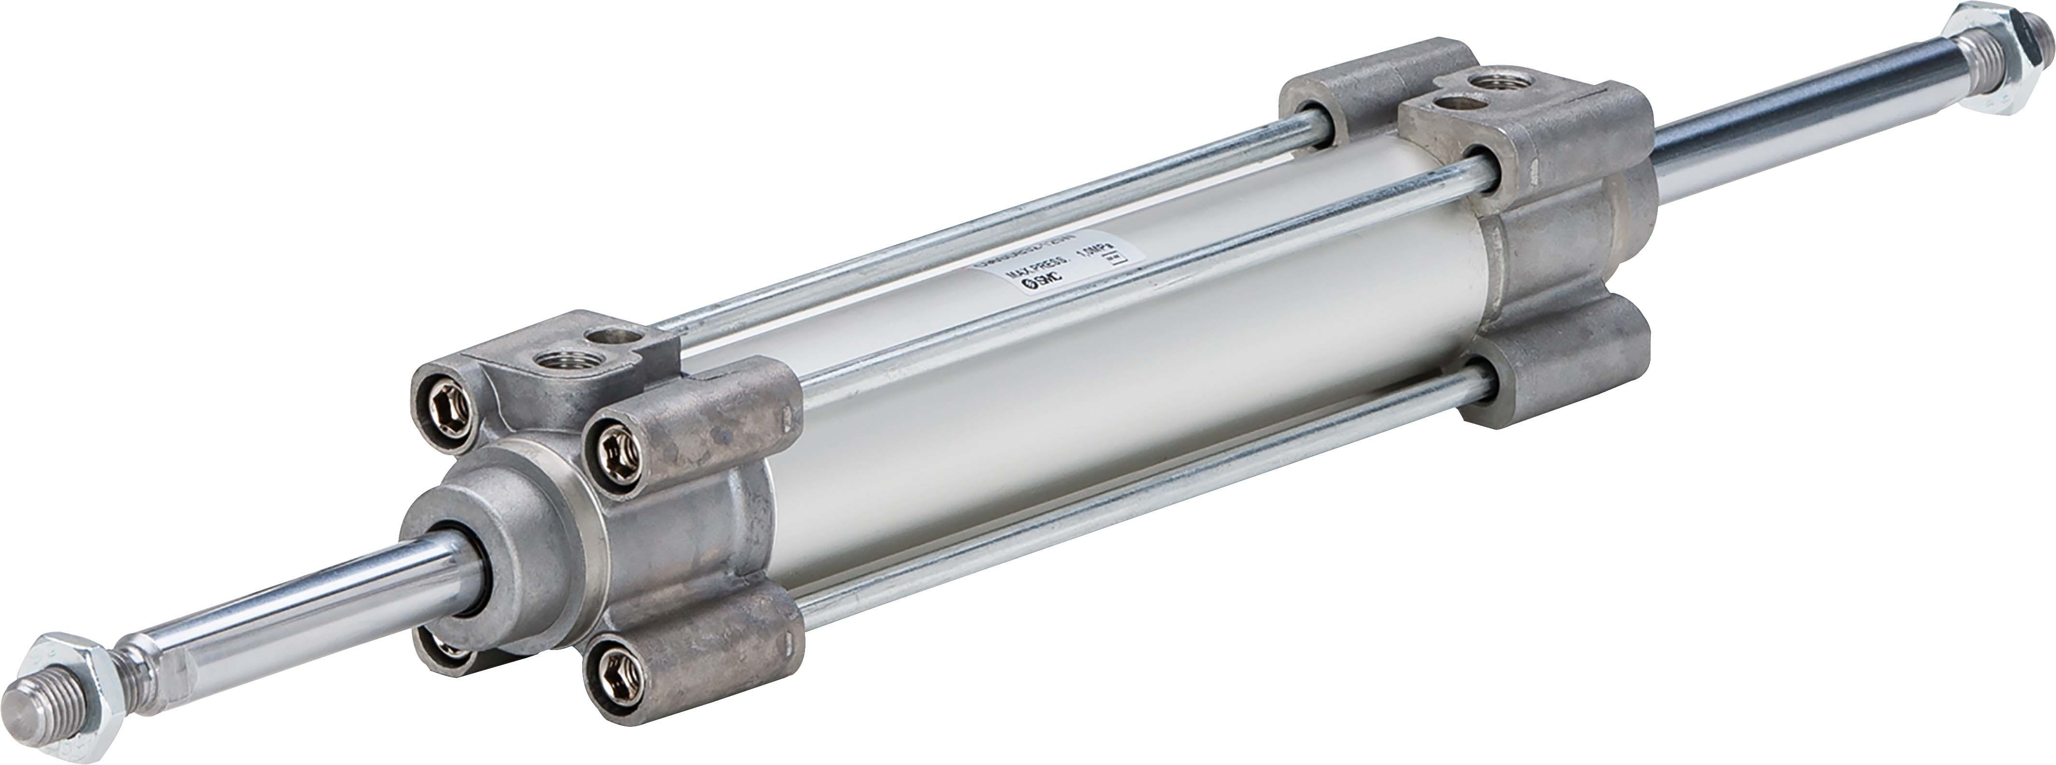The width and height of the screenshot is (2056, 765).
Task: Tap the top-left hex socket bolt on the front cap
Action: (447, 397)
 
